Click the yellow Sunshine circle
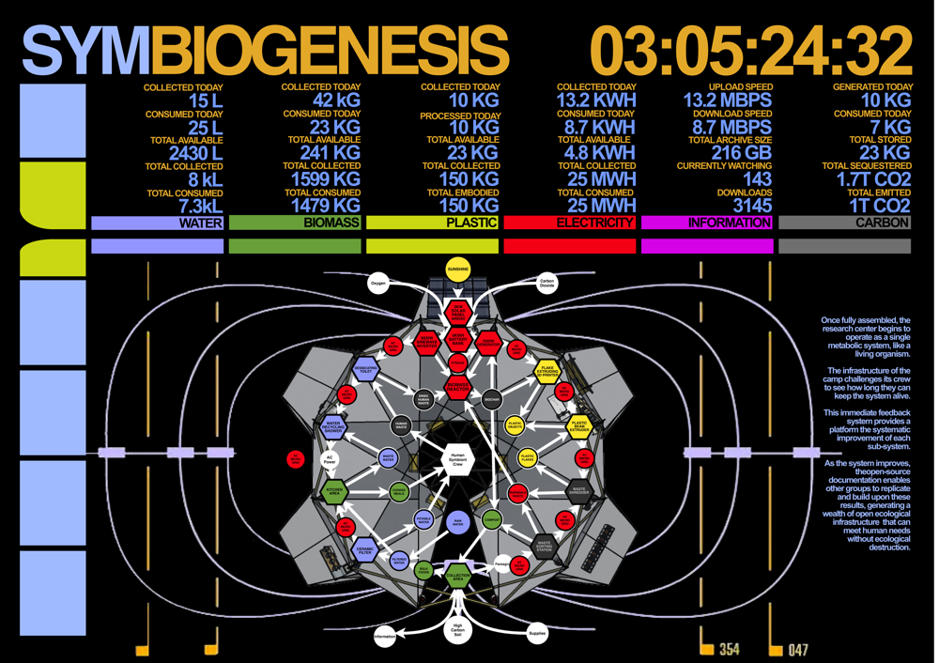(x=457, y=269)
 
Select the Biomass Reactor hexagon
(x=457, y=385)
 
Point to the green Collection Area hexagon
(x=457, y=577)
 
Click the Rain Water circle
(x=457, y=523)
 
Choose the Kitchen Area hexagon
(x=333, y=490)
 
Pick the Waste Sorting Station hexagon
(x=545, y=544)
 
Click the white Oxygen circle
(x=378, y=282)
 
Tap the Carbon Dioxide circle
(x=546, y=282)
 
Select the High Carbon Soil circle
(x=457, y=630)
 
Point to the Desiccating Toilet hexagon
(x=365, y=369)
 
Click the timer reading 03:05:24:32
(x=751, y=49)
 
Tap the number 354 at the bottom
(x=729, y=650)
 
